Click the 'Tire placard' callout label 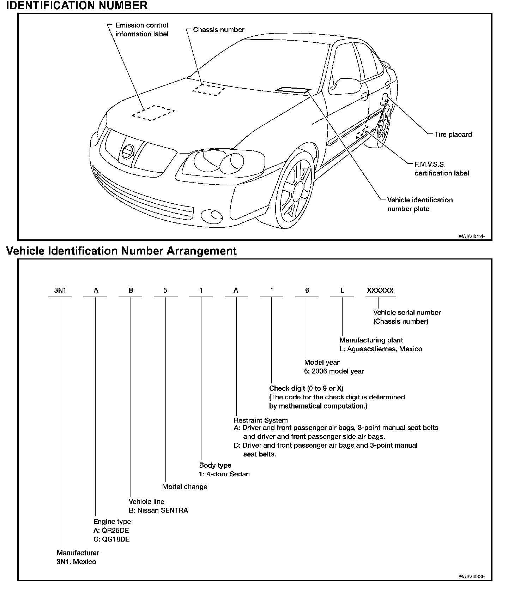453,134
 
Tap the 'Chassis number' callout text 219,30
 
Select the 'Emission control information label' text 142,30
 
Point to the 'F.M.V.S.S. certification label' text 442,169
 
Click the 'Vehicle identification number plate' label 420,204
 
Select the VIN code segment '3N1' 60,291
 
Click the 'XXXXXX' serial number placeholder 380,291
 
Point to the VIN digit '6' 307,291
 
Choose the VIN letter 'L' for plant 342,291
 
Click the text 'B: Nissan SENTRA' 158,510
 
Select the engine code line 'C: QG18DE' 111,539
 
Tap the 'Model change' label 185,486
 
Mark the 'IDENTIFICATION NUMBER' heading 77,6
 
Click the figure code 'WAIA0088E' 472,577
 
